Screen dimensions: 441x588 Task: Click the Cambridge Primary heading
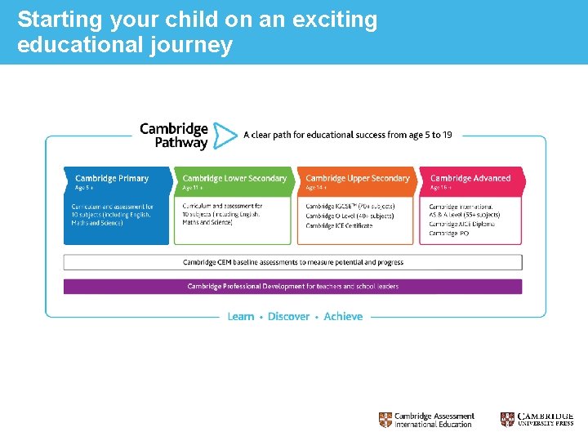112,178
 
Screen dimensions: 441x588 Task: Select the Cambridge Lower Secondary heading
234,178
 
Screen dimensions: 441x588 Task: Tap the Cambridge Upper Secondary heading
358,178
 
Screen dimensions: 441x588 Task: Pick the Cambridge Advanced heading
470,178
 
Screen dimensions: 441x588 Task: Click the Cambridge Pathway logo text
174,136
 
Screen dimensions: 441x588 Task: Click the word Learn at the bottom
241,316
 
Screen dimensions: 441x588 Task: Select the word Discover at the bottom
288,316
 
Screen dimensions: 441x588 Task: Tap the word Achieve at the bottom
343,316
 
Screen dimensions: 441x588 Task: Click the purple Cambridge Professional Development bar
292,287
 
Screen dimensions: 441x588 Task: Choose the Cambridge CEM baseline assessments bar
292,262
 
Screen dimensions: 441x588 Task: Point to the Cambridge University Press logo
537,420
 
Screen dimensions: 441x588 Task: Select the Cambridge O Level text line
350,216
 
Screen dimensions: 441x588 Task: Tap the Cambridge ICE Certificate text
339,225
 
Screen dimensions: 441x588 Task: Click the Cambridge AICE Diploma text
461,224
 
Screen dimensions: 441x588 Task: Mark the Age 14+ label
314,188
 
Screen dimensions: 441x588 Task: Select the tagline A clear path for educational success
347,135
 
